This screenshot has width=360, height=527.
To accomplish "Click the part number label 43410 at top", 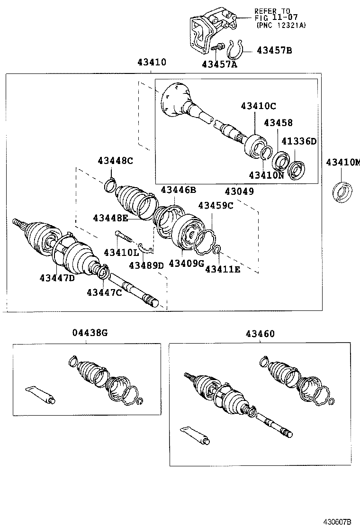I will coord(153,62).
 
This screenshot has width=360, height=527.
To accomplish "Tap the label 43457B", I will coord(274,50).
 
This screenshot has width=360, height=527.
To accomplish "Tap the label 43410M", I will coord(342,163).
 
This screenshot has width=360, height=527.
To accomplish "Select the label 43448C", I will coord(115,161).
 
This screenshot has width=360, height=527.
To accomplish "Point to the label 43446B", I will coord(178,190).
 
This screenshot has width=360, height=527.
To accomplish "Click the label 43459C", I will coord(216,205).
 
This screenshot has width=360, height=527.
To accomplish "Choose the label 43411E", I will coord(223,269).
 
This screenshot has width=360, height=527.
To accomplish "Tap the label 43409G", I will coord(186,263).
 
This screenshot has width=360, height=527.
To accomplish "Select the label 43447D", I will coord(57,278).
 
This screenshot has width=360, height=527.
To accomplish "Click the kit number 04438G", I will coord(90,333).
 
